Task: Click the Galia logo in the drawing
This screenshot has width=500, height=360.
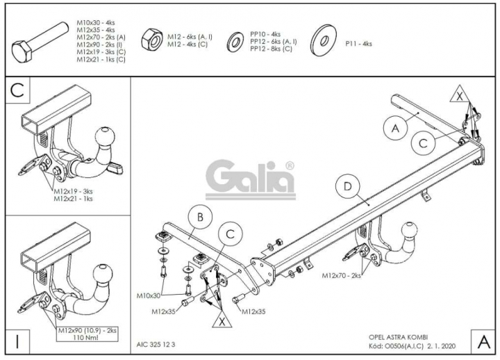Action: coord(250,180)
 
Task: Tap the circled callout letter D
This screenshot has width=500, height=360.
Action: coord(347,187)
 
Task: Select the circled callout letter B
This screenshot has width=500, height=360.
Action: coord(200,218)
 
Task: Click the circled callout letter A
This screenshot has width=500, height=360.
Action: coord(395,129)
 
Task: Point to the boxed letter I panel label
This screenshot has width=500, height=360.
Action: coord(17,341)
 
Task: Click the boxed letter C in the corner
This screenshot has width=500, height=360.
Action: coord(17,90)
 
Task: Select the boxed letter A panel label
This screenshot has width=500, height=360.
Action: coord(484,342)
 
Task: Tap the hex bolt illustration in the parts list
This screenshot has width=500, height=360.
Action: coord(40,43)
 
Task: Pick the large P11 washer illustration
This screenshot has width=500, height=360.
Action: coord(324,40)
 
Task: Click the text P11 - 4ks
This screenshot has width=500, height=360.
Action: coord(358,44)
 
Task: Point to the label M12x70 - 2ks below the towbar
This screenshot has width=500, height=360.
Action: coord(341,275)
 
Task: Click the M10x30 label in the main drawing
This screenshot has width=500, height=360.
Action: coord(149,295)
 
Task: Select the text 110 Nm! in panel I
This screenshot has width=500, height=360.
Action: coord(87,338)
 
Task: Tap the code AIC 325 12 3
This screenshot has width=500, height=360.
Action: coord(156,344)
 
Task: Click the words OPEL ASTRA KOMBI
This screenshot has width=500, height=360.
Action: coord(399,337)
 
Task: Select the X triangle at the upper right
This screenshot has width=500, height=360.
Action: coord(460,94)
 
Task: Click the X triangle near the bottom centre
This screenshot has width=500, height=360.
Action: coord(222,320)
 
